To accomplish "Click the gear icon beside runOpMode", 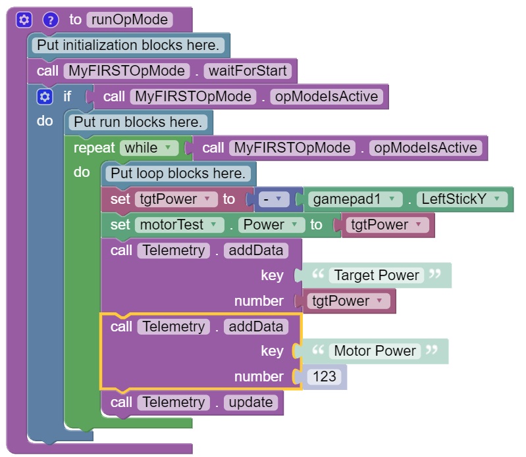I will click(x=24, y=20).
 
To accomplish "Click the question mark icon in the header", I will click(x=51, y=20).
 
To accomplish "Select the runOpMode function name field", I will click(x=129, y=20).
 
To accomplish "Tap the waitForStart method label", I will click(x=248, y=70).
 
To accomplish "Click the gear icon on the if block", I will click(x=45, y=97).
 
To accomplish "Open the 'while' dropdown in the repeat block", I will click(x=149, y=148).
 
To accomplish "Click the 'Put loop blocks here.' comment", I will click(x=178, y=174).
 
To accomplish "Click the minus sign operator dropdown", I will click(x=270, y=199).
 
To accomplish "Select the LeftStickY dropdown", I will click(x=463, y=199).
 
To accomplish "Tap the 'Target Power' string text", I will click(x=377, y=276).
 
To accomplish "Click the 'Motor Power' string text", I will click(x=375, y=351).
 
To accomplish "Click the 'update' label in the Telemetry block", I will click(x=250, y=402).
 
